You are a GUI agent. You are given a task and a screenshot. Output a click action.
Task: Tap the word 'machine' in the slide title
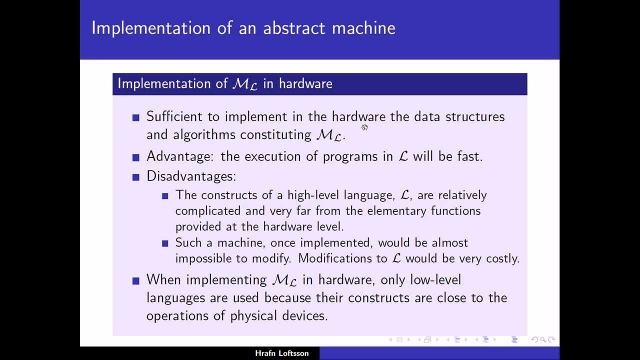(363, 28)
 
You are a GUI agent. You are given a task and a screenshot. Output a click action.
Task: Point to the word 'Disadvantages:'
(191, 176)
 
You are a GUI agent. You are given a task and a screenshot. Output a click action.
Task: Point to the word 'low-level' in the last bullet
(435, 280)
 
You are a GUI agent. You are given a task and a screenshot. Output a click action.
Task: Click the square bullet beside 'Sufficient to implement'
(135, 117)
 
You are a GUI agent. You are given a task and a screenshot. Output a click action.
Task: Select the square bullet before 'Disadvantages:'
(135, 177)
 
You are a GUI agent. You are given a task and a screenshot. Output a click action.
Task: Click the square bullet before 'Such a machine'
(165, 243)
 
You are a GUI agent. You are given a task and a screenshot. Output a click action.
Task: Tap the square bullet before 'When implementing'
(135, 281)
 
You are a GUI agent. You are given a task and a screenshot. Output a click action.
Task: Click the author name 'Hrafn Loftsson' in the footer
(281, 353)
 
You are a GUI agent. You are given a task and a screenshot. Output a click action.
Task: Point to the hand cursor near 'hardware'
(364, 127)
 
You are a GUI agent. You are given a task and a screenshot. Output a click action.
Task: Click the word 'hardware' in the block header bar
(305, 83)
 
